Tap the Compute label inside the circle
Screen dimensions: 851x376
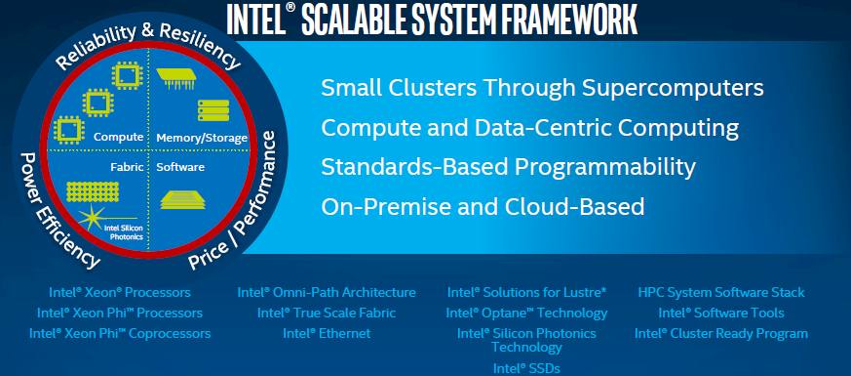click(x=118, y=137)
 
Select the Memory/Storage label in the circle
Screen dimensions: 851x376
click(x=202, y=138)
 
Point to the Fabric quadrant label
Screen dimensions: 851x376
click(x=127, y=167)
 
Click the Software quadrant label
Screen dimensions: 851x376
click(x=180, y=167)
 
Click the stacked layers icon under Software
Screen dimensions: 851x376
click(x=183, y=199)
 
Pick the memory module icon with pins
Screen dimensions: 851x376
click(x=175, y=78)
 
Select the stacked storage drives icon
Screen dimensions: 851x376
click(x=213, y=109)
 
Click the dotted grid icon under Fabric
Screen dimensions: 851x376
click(x=93, y=191)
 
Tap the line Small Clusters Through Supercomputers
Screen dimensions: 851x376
click(x=542, y=88)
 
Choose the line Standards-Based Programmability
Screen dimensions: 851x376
click(x=508, y=167)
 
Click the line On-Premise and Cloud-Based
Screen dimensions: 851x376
click(x=483, y=206)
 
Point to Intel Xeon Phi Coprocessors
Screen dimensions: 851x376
click(x=120, y=333)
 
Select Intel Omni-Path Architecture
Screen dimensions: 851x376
click(x=327, y=292)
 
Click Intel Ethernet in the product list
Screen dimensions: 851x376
click(x=327, y=333)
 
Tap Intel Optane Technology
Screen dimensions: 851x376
click(x=526, y=313)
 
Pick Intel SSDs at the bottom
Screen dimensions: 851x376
click(x=526, y=368)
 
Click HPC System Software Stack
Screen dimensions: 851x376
click(x=721, y=292)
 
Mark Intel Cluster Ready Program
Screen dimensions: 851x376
click(x=721, y=333)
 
